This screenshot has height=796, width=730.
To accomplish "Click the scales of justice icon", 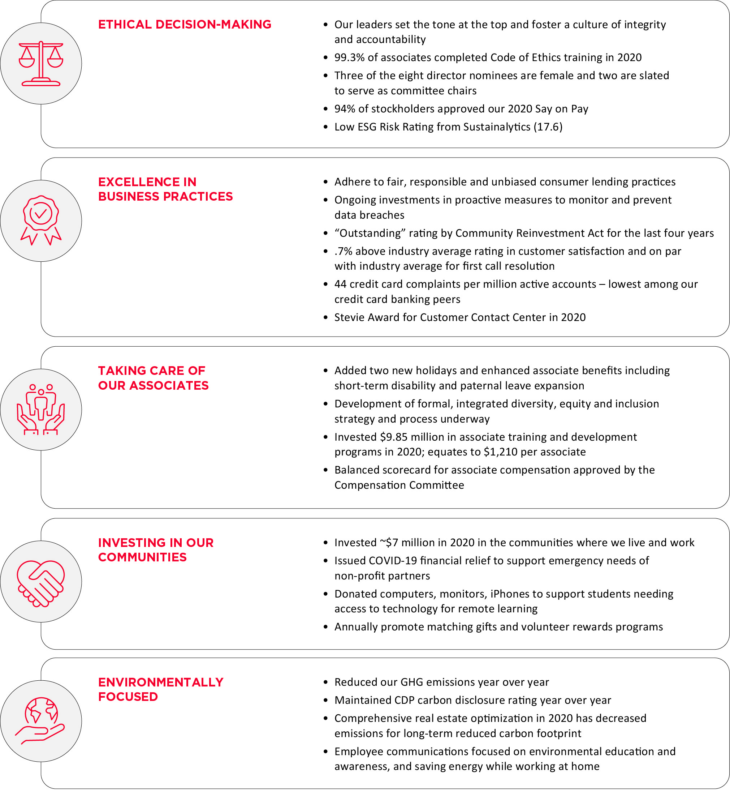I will (x=41, y=63).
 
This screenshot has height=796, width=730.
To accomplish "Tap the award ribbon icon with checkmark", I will (x=41, y=220).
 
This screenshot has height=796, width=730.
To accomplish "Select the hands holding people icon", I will (x=41, y=410).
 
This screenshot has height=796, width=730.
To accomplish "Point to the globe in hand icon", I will (x=41, y=720).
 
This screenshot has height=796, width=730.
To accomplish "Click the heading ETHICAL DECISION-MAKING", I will (x=185, y=25).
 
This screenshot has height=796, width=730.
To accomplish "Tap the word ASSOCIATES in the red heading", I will (x=169, y=385).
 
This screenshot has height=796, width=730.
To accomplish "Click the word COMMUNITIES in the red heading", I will (x=142, y=557).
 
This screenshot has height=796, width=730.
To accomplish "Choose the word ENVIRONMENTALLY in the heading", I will (x=161, y=682).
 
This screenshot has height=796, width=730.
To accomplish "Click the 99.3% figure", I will (x=349, y=58).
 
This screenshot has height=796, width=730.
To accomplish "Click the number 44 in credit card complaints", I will (x=340, y=284).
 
